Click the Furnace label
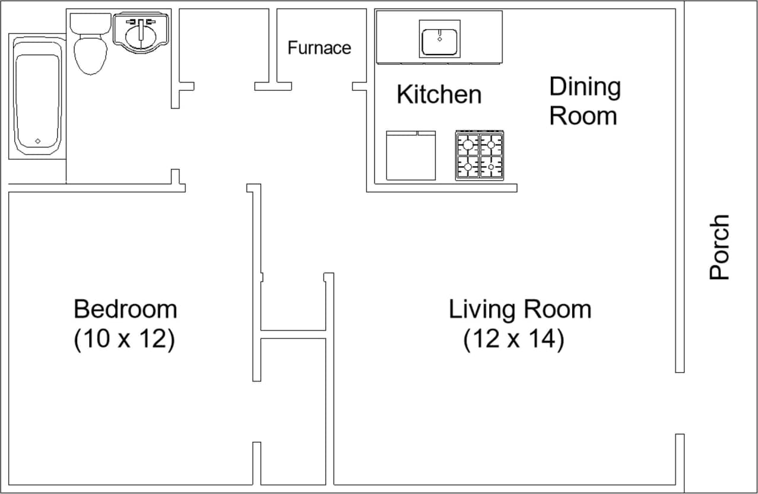tap(319, 47)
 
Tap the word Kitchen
tap(439, 94)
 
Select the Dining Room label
tap(584, 101)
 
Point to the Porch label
tap(719, 247)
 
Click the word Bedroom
tap(125, 309)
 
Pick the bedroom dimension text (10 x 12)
tap(124, 340)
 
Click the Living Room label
tap(520, 309)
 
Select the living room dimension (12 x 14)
tap(513, 340)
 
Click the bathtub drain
tap(37, 141)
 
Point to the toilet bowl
tap(90, 55)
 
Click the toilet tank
tap(90, 23)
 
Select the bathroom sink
tap(141, 33)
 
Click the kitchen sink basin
tap(439, 40)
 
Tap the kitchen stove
tap(480, 156)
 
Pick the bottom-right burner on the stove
tap(491, 167)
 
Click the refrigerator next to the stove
tap(411, 156)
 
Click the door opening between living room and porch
tap(680, 403)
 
